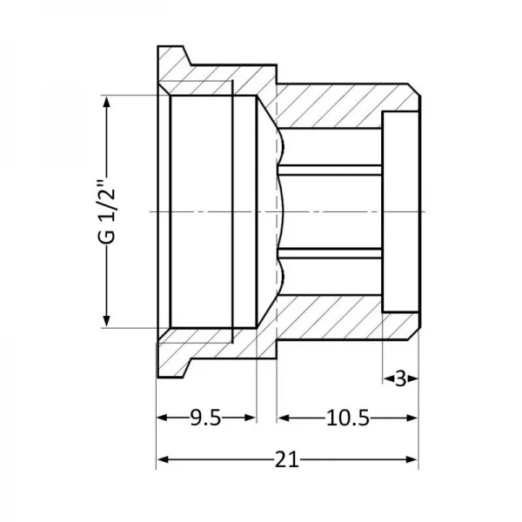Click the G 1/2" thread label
[106, 212]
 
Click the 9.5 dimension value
[205, 418]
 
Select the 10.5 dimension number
[347, 418]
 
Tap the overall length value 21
[287, 459]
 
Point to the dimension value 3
[401, 378]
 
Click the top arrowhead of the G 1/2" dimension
[106, 101]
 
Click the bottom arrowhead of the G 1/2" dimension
[106, 321]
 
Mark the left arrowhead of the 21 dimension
[163, 459]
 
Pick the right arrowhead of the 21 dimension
[412, 459]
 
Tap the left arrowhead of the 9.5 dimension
[163, 418]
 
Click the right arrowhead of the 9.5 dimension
[250, 418]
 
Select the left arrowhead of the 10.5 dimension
[284, 418]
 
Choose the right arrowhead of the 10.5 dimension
[412, 418]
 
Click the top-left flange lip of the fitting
[173, 55]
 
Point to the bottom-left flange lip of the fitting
[173, 368]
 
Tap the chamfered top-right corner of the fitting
[414, 90]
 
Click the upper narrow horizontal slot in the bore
[330, 170]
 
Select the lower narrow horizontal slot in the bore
[330, 253]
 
